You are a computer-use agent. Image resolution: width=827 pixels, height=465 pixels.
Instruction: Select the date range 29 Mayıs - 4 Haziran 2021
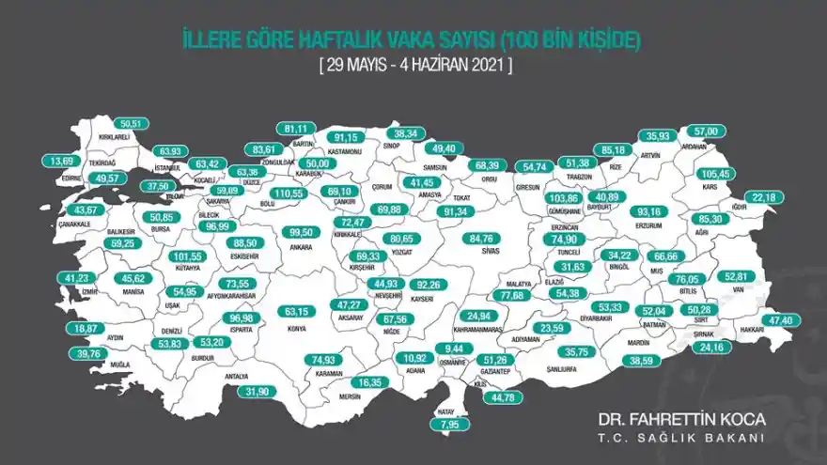tap(413, 66)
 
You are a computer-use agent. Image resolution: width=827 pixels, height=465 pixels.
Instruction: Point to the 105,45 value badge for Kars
tap(716, 175)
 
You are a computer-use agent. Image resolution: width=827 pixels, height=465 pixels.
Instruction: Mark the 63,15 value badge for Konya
tap(297, 311)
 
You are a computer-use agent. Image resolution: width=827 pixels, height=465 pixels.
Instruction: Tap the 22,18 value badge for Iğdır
tap(765, 196)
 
